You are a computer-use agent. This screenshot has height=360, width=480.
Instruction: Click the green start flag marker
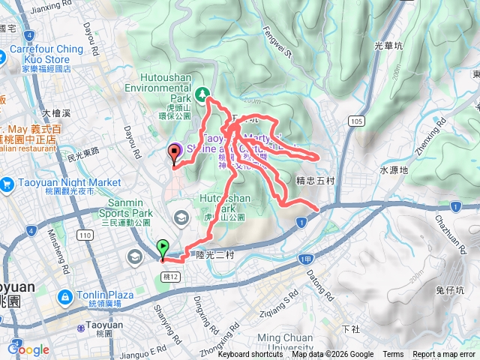[163, 248]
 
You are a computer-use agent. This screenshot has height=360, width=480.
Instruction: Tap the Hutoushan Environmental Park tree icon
[201, 94]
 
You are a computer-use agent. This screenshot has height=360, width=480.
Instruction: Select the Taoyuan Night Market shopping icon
[7, 183]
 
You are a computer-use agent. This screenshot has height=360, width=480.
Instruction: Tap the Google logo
[28, 349]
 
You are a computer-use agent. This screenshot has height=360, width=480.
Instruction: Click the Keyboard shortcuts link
[250, 355]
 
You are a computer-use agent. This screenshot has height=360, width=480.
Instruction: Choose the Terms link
[393, 355]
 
